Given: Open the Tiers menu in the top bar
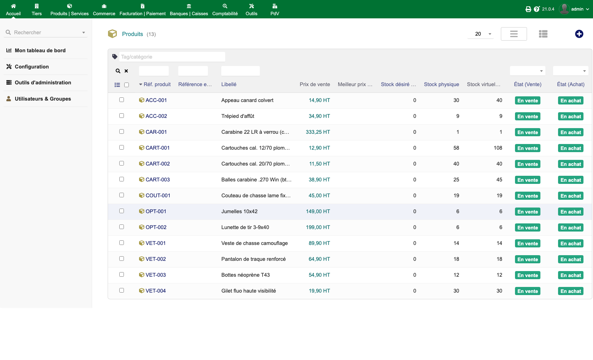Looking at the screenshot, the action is (x=37, y=10).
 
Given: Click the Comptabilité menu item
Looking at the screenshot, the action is (x=225, y=10).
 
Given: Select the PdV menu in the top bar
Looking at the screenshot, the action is (x=275, y=10).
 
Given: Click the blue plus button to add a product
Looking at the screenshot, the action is (x=579, y=34).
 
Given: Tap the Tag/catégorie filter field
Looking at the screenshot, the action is (x=172, y=56).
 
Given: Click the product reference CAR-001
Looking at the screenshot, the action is (x=156, y=132).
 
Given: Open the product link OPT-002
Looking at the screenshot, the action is (x=156, y=227).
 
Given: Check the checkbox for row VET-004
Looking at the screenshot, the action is (x=121, y=290).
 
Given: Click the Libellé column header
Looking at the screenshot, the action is (x=229, y=84).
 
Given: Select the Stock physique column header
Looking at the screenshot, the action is (x=441, y=84).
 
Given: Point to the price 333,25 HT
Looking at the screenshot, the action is (x=318, y=132).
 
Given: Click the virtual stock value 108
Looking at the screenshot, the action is (x=498, y=148).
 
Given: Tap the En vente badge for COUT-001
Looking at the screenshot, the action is (x=527, y=196).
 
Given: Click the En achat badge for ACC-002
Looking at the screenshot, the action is (x=570, y=116).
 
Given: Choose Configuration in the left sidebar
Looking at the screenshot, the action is (x=32, y=66).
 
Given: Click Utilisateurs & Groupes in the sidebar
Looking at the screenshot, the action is (x=43, y=99).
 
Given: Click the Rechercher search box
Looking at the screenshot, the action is (x=46, y=32).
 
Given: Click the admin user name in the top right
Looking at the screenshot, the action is (x=577, y=9).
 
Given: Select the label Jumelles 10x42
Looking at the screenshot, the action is (x=239, y=211).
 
